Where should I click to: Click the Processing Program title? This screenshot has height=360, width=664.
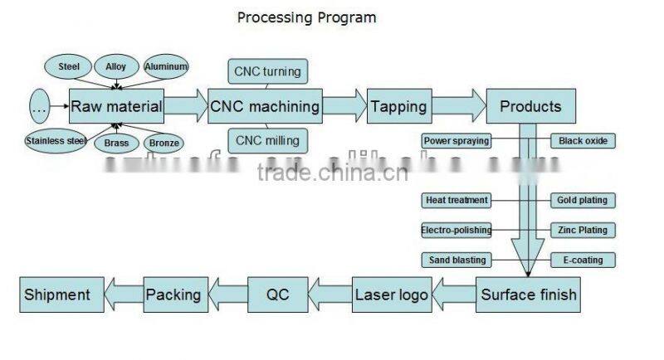pyautogui.click(x=306, y=17)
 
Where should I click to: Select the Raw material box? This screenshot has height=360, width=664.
pyautogui.click(x=116, y=106)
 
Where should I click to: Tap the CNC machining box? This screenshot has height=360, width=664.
pyautogui.click(x=265, y=106)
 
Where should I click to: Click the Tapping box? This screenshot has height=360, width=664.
pyautogui.click(x=398, y=106)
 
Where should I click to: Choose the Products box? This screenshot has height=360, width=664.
pyautogui.click(x=530, y=106)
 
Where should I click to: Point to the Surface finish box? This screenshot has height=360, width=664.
pyautogui.click(x=528, y=294)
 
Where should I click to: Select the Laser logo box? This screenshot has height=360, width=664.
pyautogui.click(x=392, y=294)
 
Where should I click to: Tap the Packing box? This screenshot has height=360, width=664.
pyautogui.click(x=173, y=294)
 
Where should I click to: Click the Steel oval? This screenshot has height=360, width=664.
pyautogui.click(x=68, y=66)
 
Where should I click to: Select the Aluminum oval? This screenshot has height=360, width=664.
pyautogui.click(x=166, y=66)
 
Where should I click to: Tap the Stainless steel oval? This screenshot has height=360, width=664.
pyautogui.click(x=56, y=141)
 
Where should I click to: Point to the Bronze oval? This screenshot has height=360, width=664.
pyautogui.click(x=164, y=143)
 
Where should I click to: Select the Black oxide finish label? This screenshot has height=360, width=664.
pyautogui.click(x=583, y=141)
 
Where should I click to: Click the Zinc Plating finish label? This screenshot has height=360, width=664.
pyautogui.click(x=583, y=230)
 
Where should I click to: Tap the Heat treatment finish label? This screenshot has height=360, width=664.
pyautogui.click(x=456, y=200)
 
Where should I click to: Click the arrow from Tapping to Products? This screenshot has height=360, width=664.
pyautogui.click(x=459, y=106)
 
